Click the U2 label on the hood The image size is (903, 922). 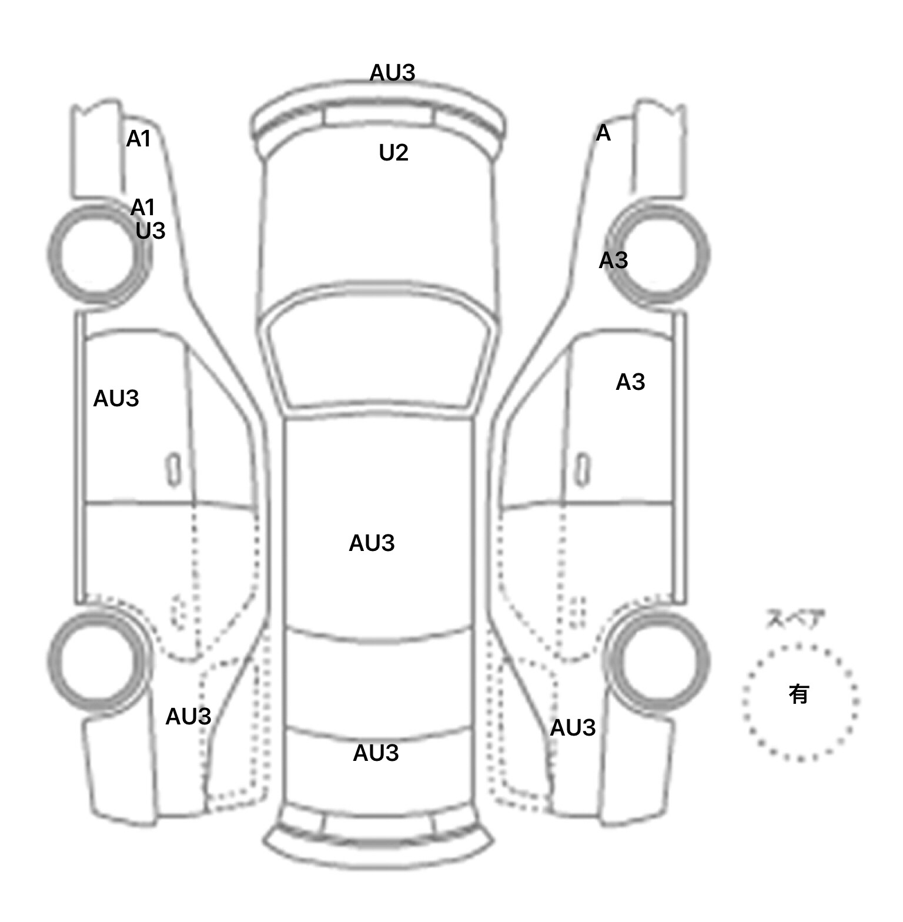(x=393, y=153)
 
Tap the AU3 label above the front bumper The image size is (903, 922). (x=392, y=73)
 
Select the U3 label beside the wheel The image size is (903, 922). (x=150, y=231)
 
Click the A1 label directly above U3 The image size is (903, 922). (x=143, y=208)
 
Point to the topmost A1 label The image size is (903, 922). (x=139, y=139)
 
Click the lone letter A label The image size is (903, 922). (x=603, y=133)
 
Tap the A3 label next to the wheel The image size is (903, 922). (x=613, y=260)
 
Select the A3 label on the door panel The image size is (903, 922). (x=630, y=382)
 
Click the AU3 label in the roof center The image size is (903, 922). (x=372, y=543)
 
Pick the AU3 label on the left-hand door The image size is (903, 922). (x=116, y=399)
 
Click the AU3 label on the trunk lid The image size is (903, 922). (x=376, y=753)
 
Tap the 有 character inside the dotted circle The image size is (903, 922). (x=798, y=694)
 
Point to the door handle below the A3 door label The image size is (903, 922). (x=582, y=469)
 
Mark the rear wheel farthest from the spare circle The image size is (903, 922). (x=98, y=660)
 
